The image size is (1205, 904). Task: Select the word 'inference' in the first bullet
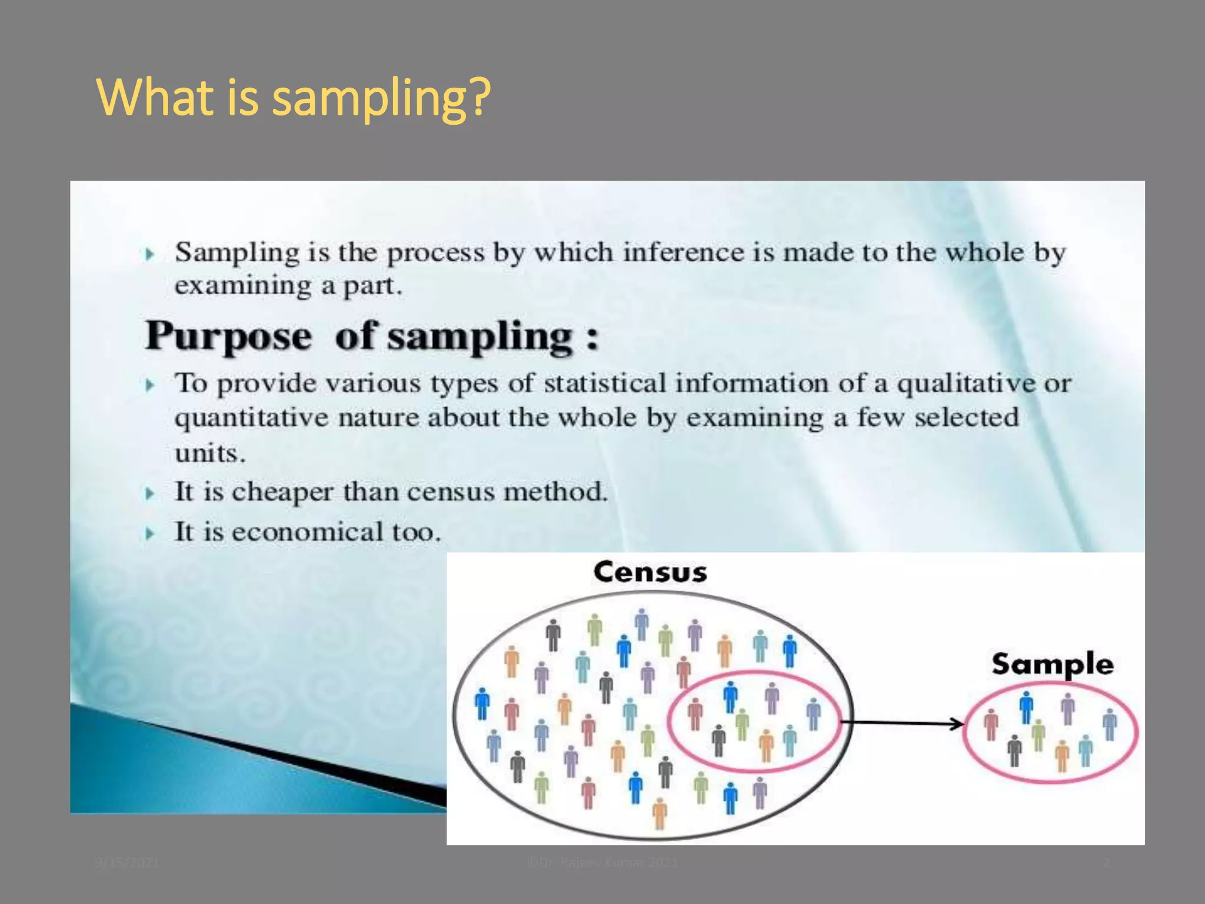(683, 252)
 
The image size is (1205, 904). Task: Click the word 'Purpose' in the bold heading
(228, 337)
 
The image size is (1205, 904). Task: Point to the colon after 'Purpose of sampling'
(592, 339)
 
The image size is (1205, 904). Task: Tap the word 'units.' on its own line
(209, 454)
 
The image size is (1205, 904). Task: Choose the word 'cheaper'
(282, 492)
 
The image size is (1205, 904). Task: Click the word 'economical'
(307, 532)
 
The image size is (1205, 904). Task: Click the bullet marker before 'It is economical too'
(151, 534)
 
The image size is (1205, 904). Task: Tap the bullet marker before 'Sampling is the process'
(151, 254)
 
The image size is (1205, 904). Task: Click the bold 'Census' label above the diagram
(650, 572)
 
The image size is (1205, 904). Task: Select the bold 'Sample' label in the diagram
(1052, 664)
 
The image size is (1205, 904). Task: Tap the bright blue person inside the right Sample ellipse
(1026, 707)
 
